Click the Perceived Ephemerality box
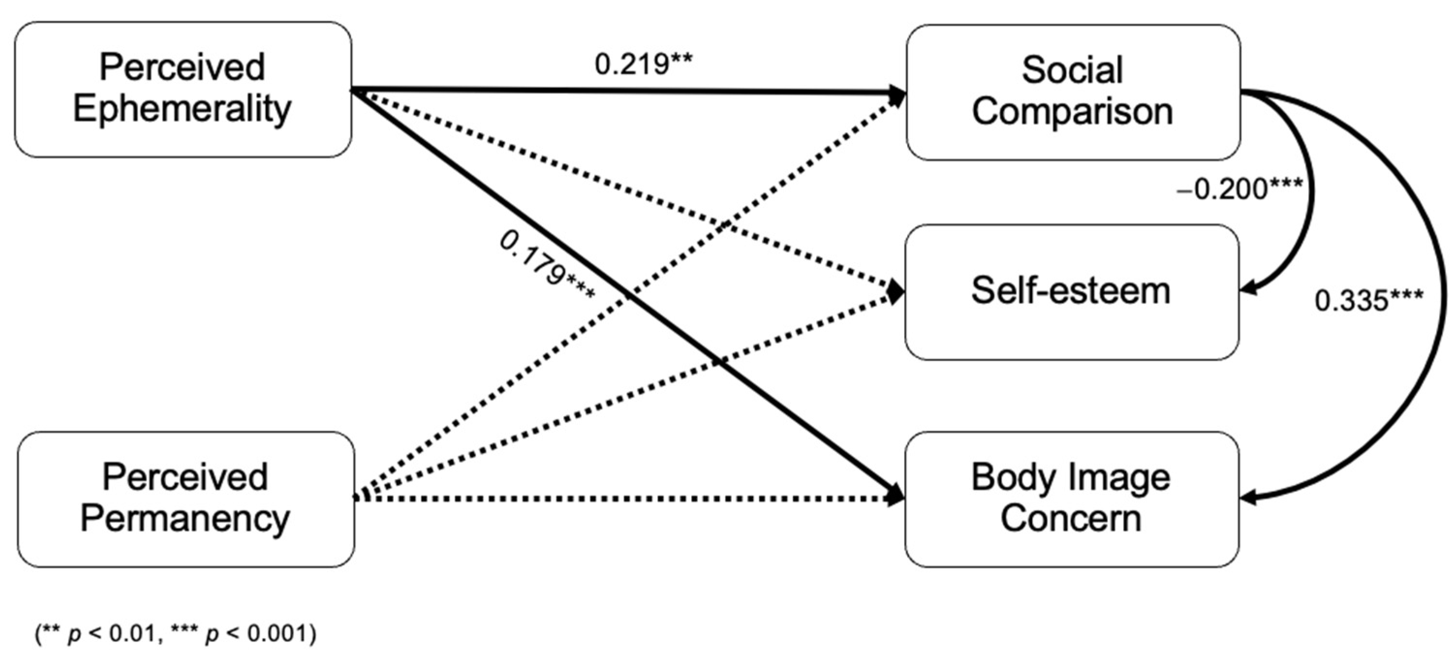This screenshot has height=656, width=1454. pos(183,89)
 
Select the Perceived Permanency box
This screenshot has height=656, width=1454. pos(186,499)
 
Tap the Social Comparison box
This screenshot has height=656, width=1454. pos(1072,92)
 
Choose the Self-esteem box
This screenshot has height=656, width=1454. pos(1071,291)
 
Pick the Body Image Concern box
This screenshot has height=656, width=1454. pos(1071,499)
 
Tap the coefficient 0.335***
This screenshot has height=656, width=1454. pos(1369,300)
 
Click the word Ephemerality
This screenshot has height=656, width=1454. pos(182,109)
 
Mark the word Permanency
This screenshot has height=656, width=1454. pos(185,519)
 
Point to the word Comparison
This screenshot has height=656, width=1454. pos(1072,111)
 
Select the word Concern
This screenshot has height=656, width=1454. pos(1071,519)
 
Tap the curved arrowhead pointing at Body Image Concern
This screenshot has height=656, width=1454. pos(1249,498)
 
